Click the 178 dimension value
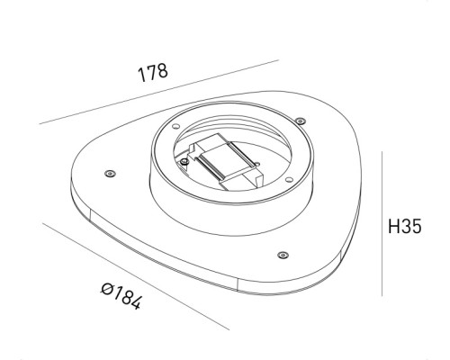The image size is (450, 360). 153,74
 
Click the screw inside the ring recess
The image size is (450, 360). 186,162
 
